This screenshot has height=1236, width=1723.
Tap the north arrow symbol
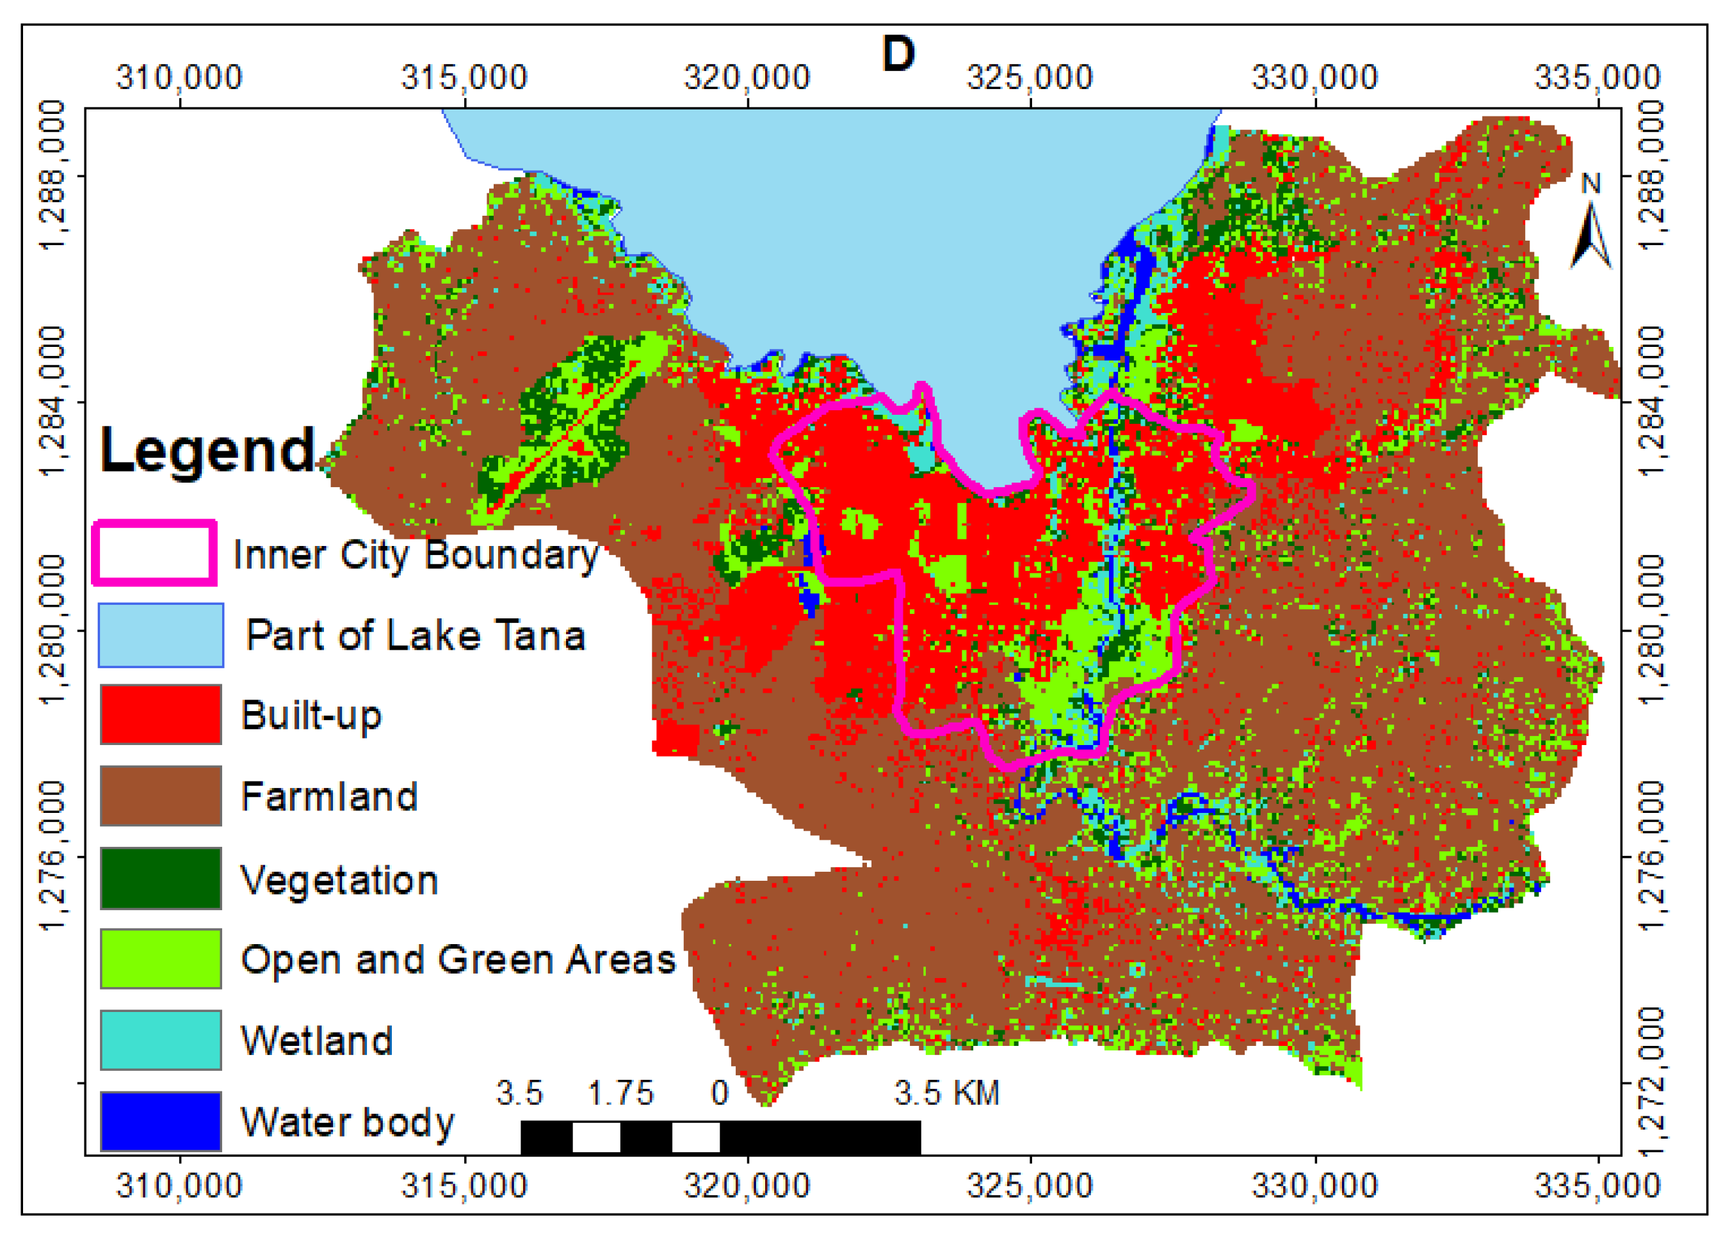[1590, 232]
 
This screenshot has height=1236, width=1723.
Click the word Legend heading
[207, 451]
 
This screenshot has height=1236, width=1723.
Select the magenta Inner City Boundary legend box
[155, 553]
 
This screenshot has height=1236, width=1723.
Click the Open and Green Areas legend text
[458, 959]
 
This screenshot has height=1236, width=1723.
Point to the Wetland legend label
[317, 1041]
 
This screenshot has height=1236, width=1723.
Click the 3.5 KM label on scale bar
[946, 1093]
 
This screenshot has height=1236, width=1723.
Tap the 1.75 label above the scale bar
[620, 1093]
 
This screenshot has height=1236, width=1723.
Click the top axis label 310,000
[179, 77]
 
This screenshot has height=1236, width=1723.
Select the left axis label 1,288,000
[53, 175]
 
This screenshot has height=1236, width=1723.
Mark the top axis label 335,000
[1598, 77]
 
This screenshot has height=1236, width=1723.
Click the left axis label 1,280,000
[53, 629]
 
